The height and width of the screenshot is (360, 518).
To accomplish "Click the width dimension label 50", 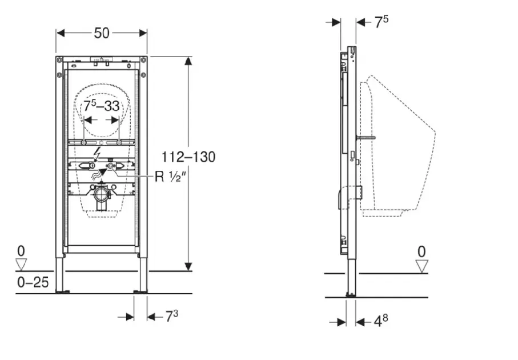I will click(x=102, y=33).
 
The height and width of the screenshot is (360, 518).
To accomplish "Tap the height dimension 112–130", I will click(x=189, y=157).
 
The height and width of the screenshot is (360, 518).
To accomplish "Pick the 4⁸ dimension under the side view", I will click(x=381, y=321).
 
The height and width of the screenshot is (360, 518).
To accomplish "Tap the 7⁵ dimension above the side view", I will click(x=382, y=22).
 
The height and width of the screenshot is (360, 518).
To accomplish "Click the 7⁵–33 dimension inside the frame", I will click(x=102, y=106).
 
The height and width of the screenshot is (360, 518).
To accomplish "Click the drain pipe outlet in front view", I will click(x=101, y=195).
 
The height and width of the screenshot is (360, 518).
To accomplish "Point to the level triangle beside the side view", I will click(x=421, y=266).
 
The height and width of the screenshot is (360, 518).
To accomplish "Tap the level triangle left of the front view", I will click(x=22, y=264).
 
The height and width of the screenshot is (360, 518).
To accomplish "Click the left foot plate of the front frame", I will click(x=61, y=292).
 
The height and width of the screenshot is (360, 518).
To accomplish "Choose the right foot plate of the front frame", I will click(x=140, y=292).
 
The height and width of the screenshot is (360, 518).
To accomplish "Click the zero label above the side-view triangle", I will click(x=421, y=250).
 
